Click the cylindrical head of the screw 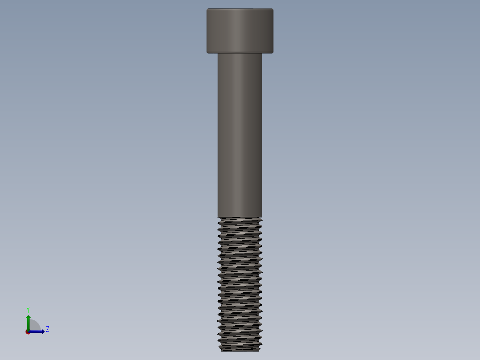(x=240, y=30)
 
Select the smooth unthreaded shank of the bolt (x=240, y=134)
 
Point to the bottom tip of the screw (x=240, y=350)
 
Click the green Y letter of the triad (x=28, y=310)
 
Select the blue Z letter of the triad (x=48, y=329)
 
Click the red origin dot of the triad (x=28, y=332)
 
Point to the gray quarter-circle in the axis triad (x=35, y=326)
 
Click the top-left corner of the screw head (x=207, y=9)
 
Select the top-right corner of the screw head (x=273, y=9)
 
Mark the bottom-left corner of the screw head (x=207, y=53)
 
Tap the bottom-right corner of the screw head (x=273, y=53)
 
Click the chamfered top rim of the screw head (x=240, y=10)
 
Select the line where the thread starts (x=240, y=217)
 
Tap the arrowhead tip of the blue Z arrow (x=44, y=331)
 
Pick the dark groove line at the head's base (x=240, y=52)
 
